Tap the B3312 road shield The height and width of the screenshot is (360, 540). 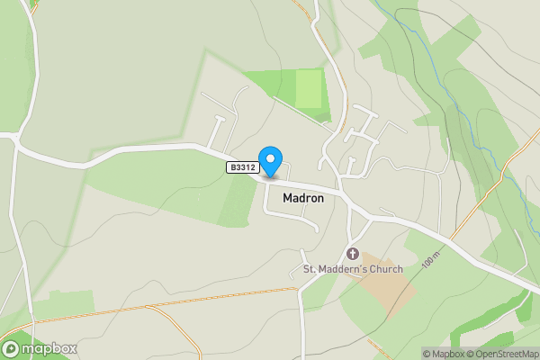tap(242, 167)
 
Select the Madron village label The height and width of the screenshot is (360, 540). tap(303, 197)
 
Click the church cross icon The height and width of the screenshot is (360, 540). tap(352, 255)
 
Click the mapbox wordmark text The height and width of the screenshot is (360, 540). tap(49, 349)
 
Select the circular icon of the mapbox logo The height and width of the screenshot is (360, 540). tap(12, 349)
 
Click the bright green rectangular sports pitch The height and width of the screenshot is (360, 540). tap(310, 88)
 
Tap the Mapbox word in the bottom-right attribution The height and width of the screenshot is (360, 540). tap(447, 354)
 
